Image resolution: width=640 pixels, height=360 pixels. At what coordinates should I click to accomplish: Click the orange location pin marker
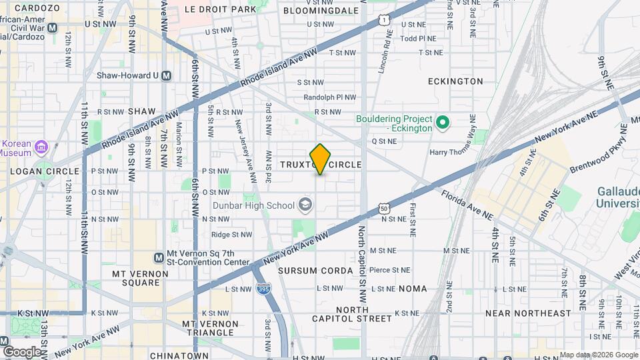coord(321,159)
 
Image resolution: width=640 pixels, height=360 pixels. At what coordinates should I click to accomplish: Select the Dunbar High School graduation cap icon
coord(306,205)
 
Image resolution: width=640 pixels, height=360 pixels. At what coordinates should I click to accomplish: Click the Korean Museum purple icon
coord(41,146)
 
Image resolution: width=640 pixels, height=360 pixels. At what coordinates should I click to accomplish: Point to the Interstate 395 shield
coord(262,288)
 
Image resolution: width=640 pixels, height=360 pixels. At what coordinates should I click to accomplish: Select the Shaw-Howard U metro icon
coord(166,75)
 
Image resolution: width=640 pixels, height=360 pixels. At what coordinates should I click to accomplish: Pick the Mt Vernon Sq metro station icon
coord(159,257)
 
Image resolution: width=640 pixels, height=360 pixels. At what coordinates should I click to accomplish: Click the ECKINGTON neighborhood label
coord(455,81)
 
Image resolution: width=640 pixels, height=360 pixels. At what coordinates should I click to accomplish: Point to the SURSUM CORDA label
coord(306,271)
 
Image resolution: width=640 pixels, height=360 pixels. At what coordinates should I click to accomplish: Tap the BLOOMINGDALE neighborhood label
coord(317,10)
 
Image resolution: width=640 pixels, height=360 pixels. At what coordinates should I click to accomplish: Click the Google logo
coord(21,351)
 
